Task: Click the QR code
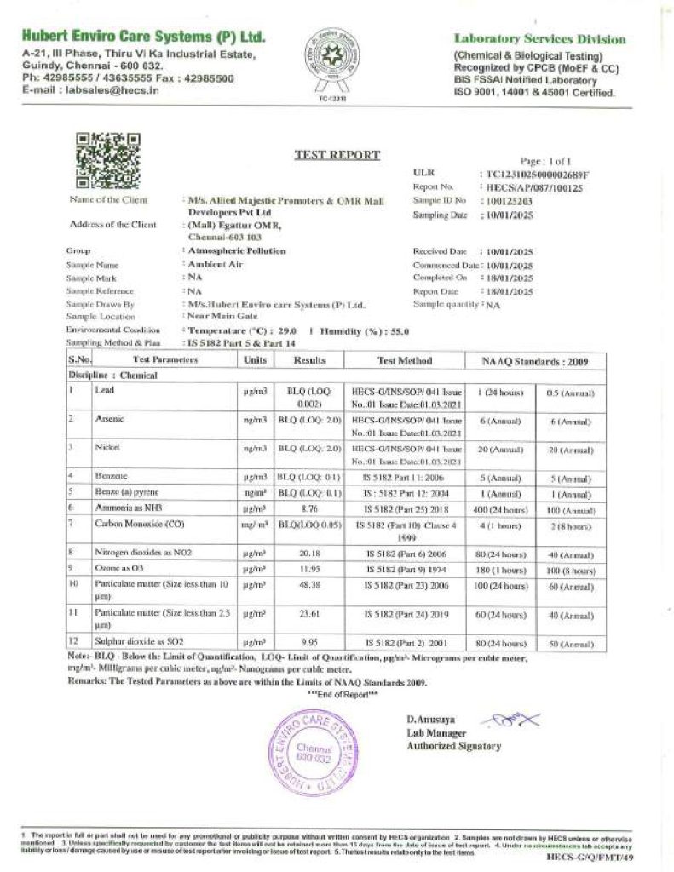[x=108, y=160]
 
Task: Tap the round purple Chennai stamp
[x=311, y=753]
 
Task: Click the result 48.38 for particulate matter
[x=309, y=587]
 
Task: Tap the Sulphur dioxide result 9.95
[x=309, y=644]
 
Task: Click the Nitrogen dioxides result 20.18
[x=309, y=552]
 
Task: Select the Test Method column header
[x=405, y=360]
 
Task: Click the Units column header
[x=255, y=360]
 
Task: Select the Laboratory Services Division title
[x=539, y=39]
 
